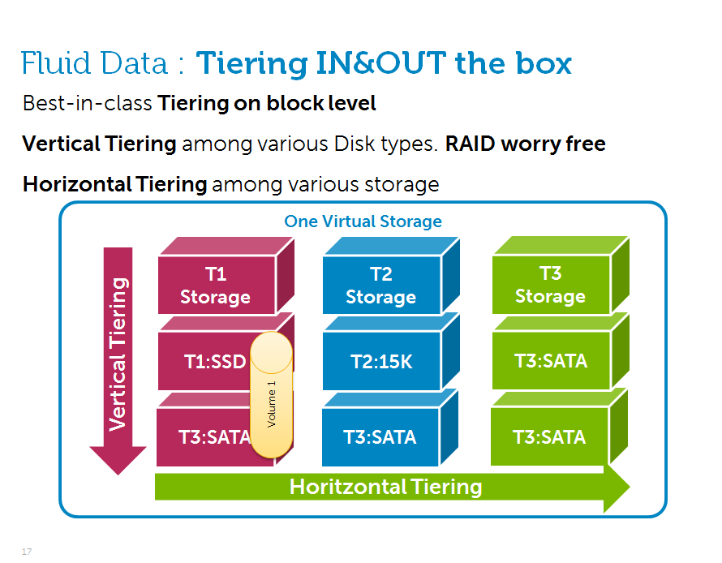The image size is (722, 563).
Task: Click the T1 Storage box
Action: [x=215, y=286]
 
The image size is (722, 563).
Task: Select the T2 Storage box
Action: [x=380, y=286]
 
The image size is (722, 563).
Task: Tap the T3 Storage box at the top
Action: [x=550, y=286]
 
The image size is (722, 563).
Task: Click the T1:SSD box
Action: [x=207, y=362]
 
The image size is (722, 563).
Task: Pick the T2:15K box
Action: [x=381, y=362]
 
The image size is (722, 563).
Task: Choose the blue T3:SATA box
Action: [x=380, y=437]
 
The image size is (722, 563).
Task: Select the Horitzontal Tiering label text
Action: [x=385, y=487]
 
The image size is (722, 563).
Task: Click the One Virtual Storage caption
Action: [x=363, y=221]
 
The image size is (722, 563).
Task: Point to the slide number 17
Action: [x=27, y=552]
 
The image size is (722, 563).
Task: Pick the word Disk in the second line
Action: [x=355, y=144]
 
